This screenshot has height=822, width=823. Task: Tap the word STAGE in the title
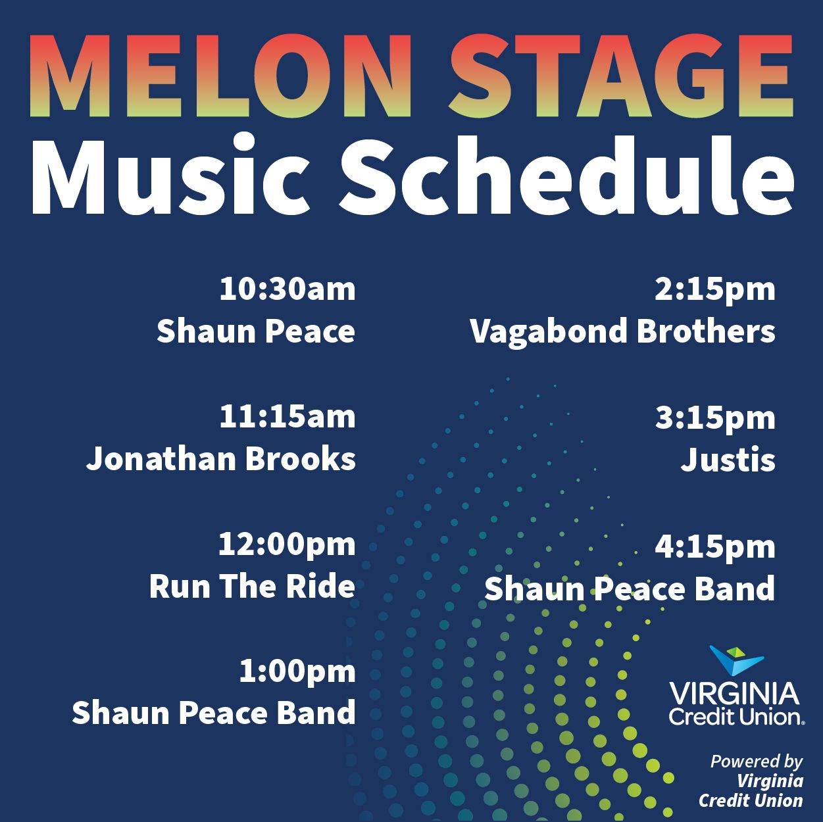point(622,76)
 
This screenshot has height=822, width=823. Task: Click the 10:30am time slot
point(287,289)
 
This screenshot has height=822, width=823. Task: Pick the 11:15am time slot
point(287,417)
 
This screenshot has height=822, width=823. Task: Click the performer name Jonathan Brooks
point(221,460)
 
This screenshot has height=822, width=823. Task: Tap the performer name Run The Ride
point(252,587)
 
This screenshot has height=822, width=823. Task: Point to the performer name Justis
point(728,460)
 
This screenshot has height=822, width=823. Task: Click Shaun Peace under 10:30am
point(256,331)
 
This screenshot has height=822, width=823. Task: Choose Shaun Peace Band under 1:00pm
point(214,713)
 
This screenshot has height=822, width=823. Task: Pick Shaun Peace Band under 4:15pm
point(630,589)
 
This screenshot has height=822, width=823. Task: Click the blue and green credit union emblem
point(736,660)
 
